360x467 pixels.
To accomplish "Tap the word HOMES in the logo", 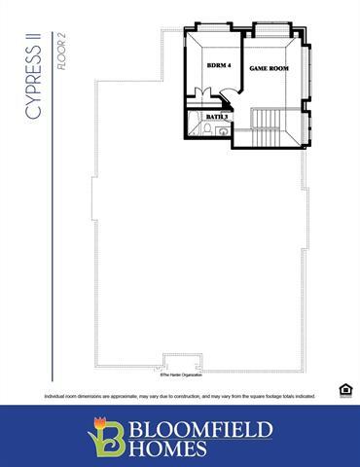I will tap(175, 449).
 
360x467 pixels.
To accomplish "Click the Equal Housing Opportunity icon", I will tap(344, 390).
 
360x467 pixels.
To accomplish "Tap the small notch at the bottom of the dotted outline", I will tap(177, 358).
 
